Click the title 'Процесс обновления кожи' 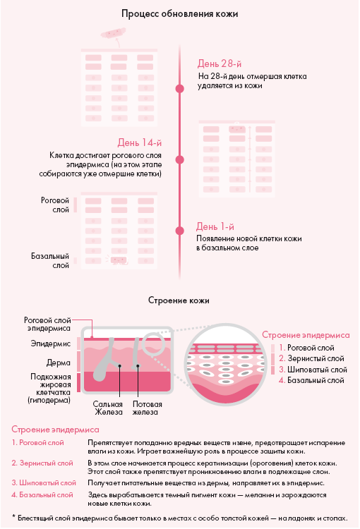coord(180,14)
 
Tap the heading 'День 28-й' coord(220,63)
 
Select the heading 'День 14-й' coord(140,142)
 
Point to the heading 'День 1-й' coord(215,226)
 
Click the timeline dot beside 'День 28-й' coord(180,88)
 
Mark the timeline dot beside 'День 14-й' coord(180,159)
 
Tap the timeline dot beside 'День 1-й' coord(180,231)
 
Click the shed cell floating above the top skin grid coord(113,33)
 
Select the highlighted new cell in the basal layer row coord(119,260)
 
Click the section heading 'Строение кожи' coord(179,300)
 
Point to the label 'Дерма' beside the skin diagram coord(59,363)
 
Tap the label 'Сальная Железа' coord(108,408)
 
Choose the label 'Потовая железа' coord(147,408)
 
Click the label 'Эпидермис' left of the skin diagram coord(51,343)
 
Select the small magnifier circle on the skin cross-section coord(153,343)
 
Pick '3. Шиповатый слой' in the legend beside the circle coord(313,370)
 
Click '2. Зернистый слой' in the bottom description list coord(42,463)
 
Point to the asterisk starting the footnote coord(13,516)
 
